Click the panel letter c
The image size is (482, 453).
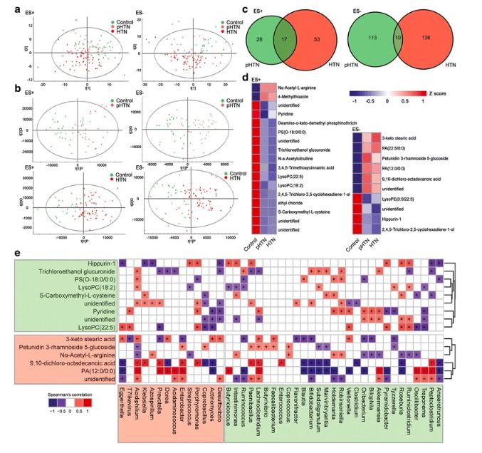[x=244, y=9]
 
